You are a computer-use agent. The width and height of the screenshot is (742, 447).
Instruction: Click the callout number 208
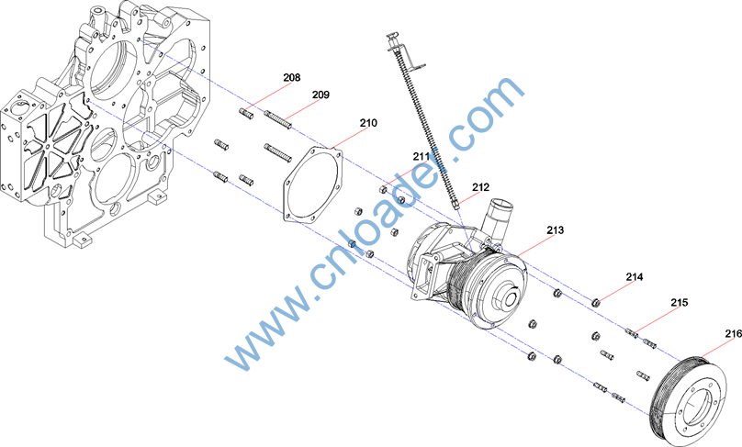tap(291, 78)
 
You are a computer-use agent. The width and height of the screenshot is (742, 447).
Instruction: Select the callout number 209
tap(320, 95)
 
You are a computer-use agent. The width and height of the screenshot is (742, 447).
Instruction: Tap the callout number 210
tap(368, 123)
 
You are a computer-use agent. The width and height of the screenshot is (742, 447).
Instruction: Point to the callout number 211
tap(422, 156)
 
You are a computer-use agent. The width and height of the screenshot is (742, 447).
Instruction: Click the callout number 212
tap(480, 187)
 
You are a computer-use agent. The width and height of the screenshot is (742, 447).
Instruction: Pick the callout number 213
tap(555, 230)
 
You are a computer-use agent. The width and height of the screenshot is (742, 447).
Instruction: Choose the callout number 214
tap(635, 276)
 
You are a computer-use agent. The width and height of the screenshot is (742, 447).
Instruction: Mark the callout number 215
tap(679, 302)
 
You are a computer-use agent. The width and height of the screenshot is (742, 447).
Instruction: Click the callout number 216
tap(733, 333)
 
